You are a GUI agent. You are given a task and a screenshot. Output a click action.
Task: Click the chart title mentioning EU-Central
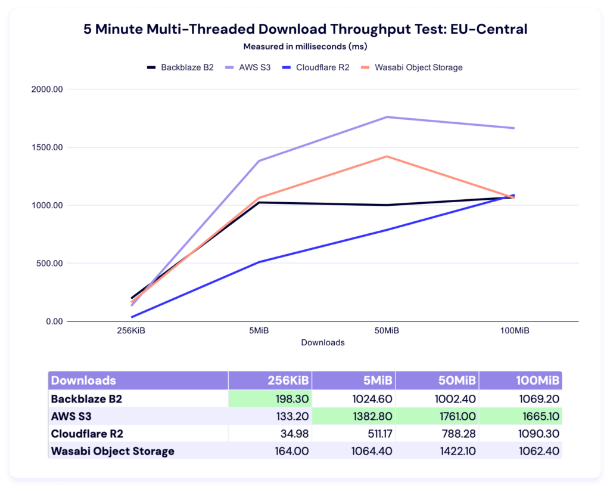305,29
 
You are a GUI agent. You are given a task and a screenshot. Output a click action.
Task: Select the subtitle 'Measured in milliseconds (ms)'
305,47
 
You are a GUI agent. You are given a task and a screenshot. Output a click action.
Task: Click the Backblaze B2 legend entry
180,67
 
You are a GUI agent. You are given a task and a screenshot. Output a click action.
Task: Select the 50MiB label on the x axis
387,331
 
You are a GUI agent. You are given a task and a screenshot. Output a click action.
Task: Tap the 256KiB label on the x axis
131,331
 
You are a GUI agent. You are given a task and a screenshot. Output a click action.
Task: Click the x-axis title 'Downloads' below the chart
322,342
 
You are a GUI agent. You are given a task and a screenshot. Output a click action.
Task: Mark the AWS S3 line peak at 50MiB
387,117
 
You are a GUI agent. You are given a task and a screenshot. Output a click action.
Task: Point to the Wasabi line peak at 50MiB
387,156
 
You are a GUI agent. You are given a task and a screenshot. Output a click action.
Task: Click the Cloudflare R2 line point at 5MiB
259,262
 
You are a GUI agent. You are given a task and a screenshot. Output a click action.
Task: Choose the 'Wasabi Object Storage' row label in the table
113,451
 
